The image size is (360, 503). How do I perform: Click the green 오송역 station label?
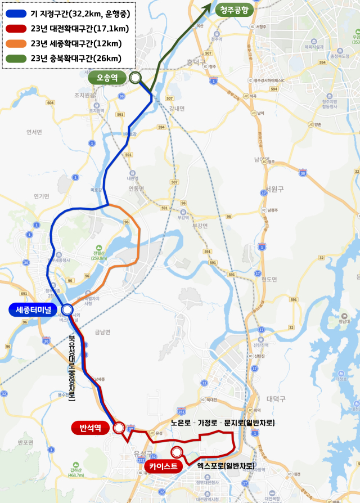click(107, 78)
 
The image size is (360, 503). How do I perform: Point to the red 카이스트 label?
click(164, 466)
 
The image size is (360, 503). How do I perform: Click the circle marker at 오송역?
click(135, 78)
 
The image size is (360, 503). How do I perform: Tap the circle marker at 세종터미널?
click(67, 309)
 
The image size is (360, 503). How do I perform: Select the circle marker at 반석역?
click(119, 428)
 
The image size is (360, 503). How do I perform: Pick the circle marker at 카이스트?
click(177, 451)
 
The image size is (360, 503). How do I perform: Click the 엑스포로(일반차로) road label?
click(226, 466)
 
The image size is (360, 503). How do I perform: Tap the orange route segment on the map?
click(137, 236)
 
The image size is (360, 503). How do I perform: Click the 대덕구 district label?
click(276, 398)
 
